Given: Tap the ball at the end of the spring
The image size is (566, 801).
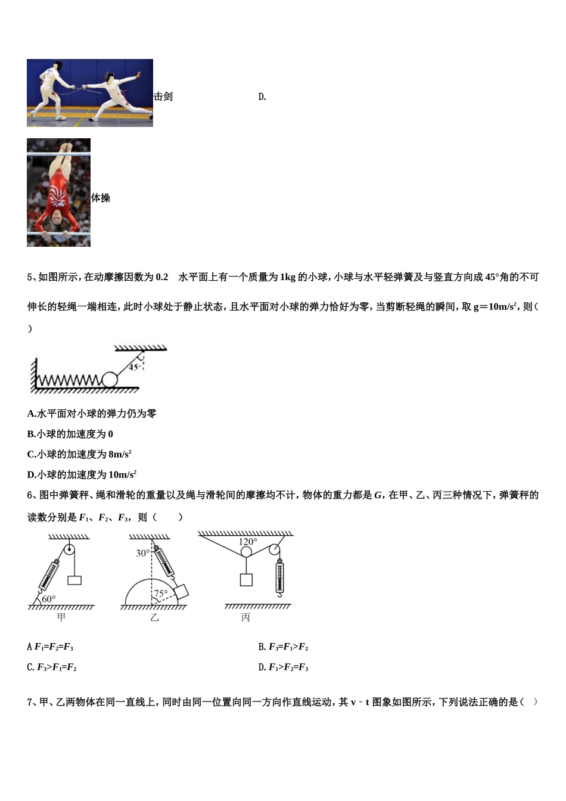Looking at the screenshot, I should (x=110, y=380).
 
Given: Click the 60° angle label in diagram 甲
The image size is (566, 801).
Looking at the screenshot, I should (x=48, y=598).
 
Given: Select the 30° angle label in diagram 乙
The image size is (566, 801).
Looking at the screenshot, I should (x=143, y=553).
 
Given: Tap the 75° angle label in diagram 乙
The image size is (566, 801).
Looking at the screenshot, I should (x=161, y=594).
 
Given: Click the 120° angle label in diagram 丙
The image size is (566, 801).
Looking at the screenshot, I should (x=248, y=542).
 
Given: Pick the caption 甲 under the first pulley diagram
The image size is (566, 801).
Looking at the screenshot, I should (x=61, y=617).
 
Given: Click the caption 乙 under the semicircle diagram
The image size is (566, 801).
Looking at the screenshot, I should (x=154, y=618).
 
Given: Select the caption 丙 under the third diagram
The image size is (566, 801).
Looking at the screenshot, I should (x=245, y=618).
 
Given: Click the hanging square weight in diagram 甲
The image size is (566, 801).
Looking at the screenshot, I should (x=74, y=579).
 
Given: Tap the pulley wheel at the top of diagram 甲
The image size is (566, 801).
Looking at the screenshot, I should (x=70, y=549).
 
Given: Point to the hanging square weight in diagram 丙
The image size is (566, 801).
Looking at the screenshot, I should (x=245, y=579).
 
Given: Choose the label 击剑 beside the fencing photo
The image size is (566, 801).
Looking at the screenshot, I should (x=163, y=97).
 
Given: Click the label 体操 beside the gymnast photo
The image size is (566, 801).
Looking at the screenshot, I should (x=101, y=198).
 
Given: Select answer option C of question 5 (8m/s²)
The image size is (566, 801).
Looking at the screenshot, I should (x=79, y=454).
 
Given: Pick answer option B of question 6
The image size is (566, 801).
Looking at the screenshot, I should (x=284, y=647).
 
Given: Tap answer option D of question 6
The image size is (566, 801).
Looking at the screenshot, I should (x=284, y=667).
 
